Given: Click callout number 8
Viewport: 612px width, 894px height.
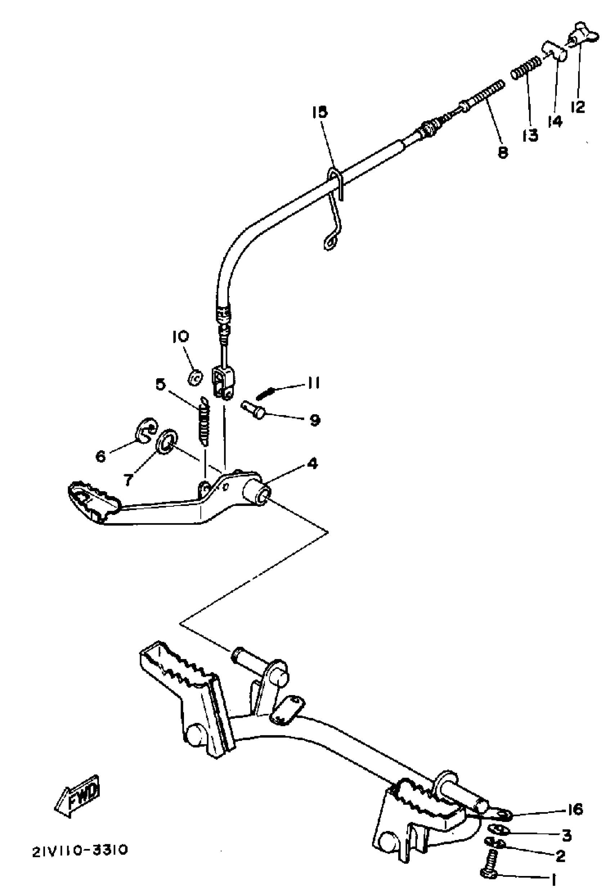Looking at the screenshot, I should point(503,152).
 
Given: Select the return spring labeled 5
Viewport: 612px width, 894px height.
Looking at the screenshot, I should point(204,422).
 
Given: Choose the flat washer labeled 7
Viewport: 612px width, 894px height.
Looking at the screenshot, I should point(166,441).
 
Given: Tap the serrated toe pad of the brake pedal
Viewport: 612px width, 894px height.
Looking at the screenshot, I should point(94,501).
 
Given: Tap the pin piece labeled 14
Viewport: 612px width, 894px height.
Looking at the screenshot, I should point(554,53).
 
